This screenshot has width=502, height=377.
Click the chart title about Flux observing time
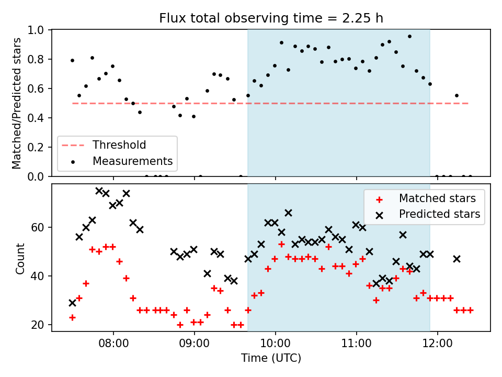[271, 18]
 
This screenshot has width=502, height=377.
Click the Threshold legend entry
[119, 145]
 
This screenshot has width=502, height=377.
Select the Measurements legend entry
[132, 161]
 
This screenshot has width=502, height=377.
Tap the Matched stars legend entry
[437, 198]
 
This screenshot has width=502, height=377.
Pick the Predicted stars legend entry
[439, 214]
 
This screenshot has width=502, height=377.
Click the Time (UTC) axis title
[271, 359]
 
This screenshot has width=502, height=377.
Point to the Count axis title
[20, 258]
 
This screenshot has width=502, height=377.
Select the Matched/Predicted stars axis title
[17, 103]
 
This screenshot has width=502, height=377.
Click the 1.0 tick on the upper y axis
[39, 30]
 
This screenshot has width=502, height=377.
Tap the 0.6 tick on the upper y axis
[39, 88]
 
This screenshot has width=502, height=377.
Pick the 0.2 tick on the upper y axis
[39, 147]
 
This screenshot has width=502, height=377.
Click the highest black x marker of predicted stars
[99, 191]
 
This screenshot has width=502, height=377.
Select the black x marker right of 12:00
[457, 259]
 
